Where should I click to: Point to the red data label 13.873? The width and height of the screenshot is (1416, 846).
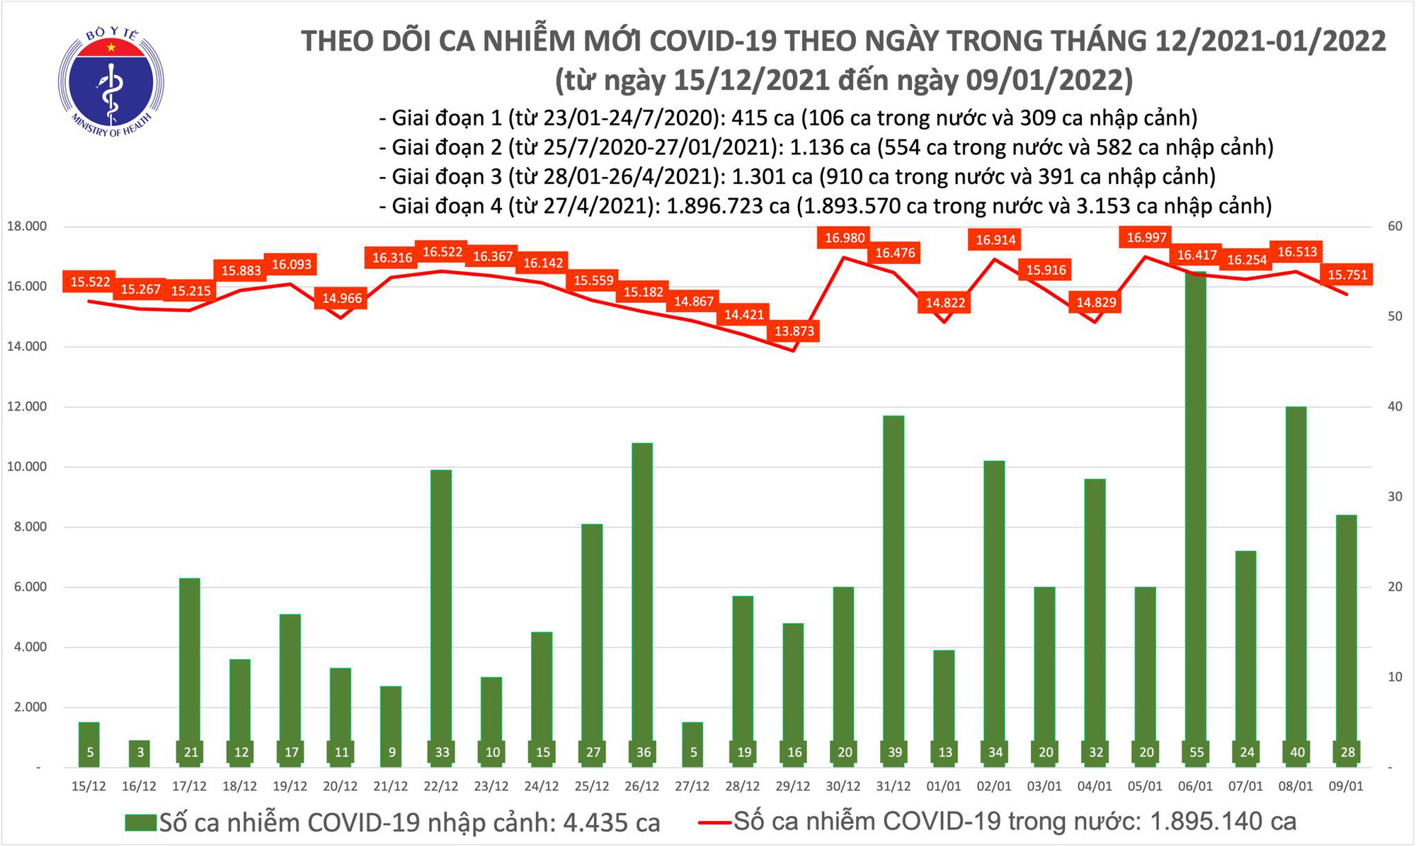[x=794, y=331]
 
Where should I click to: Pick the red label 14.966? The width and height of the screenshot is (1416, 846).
[x=342, y=299]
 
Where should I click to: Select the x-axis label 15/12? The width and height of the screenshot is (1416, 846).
[x=89, y=787]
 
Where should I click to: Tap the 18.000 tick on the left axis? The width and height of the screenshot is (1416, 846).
[x=27, y=227]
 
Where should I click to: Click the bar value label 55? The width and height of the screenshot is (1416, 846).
[x=1197, y=753]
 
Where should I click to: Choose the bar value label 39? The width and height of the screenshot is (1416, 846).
[x=895, y=753]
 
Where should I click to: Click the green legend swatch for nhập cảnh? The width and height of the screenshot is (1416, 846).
[x=140, y=823]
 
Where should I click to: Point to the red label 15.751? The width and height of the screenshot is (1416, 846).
[x=1347, y=275]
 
